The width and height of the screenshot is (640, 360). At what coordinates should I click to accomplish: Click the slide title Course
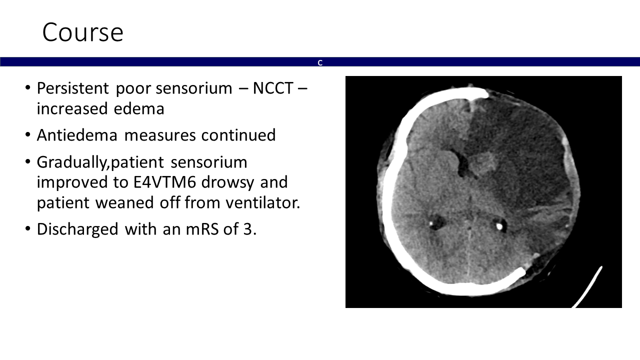(83, 32)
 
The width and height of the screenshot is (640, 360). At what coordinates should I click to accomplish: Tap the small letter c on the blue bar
(320, 62)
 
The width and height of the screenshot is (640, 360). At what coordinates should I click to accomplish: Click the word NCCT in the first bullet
(273, 88)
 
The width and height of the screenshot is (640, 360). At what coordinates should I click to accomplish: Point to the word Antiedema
(77, 135)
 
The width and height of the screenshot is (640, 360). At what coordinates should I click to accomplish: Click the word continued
(238, 135)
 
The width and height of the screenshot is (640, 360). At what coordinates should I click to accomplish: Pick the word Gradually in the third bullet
(71, 162)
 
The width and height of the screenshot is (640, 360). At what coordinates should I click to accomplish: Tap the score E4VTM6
(165, 182)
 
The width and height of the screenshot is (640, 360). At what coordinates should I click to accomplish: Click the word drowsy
(227, 183)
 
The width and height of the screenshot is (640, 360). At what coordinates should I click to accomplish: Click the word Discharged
(77, 229)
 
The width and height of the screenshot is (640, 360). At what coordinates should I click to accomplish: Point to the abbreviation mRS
(202, 229)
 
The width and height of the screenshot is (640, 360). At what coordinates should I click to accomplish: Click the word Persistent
(73, 88)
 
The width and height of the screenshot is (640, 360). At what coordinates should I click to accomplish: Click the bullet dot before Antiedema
(27, 134)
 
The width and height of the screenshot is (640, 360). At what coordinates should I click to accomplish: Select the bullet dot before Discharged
(27, 228)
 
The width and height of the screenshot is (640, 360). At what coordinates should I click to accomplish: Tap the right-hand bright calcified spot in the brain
(499, 226)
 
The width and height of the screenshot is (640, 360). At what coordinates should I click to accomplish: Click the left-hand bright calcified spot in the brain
(431, 223)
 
